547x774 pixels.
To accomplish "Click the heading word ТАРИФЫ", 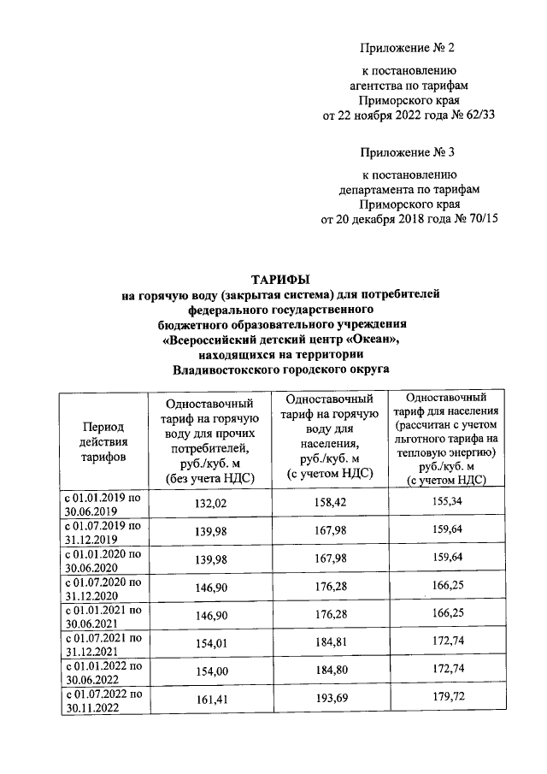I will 280,279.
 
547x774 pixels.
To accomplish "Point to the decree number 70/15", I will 479,219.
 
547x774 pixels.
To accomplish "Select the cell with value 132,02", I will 210,503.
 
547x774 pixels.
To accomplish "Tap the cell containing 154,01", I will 210,641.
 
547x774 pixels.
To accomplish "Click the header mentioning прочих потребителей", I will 210,440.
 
